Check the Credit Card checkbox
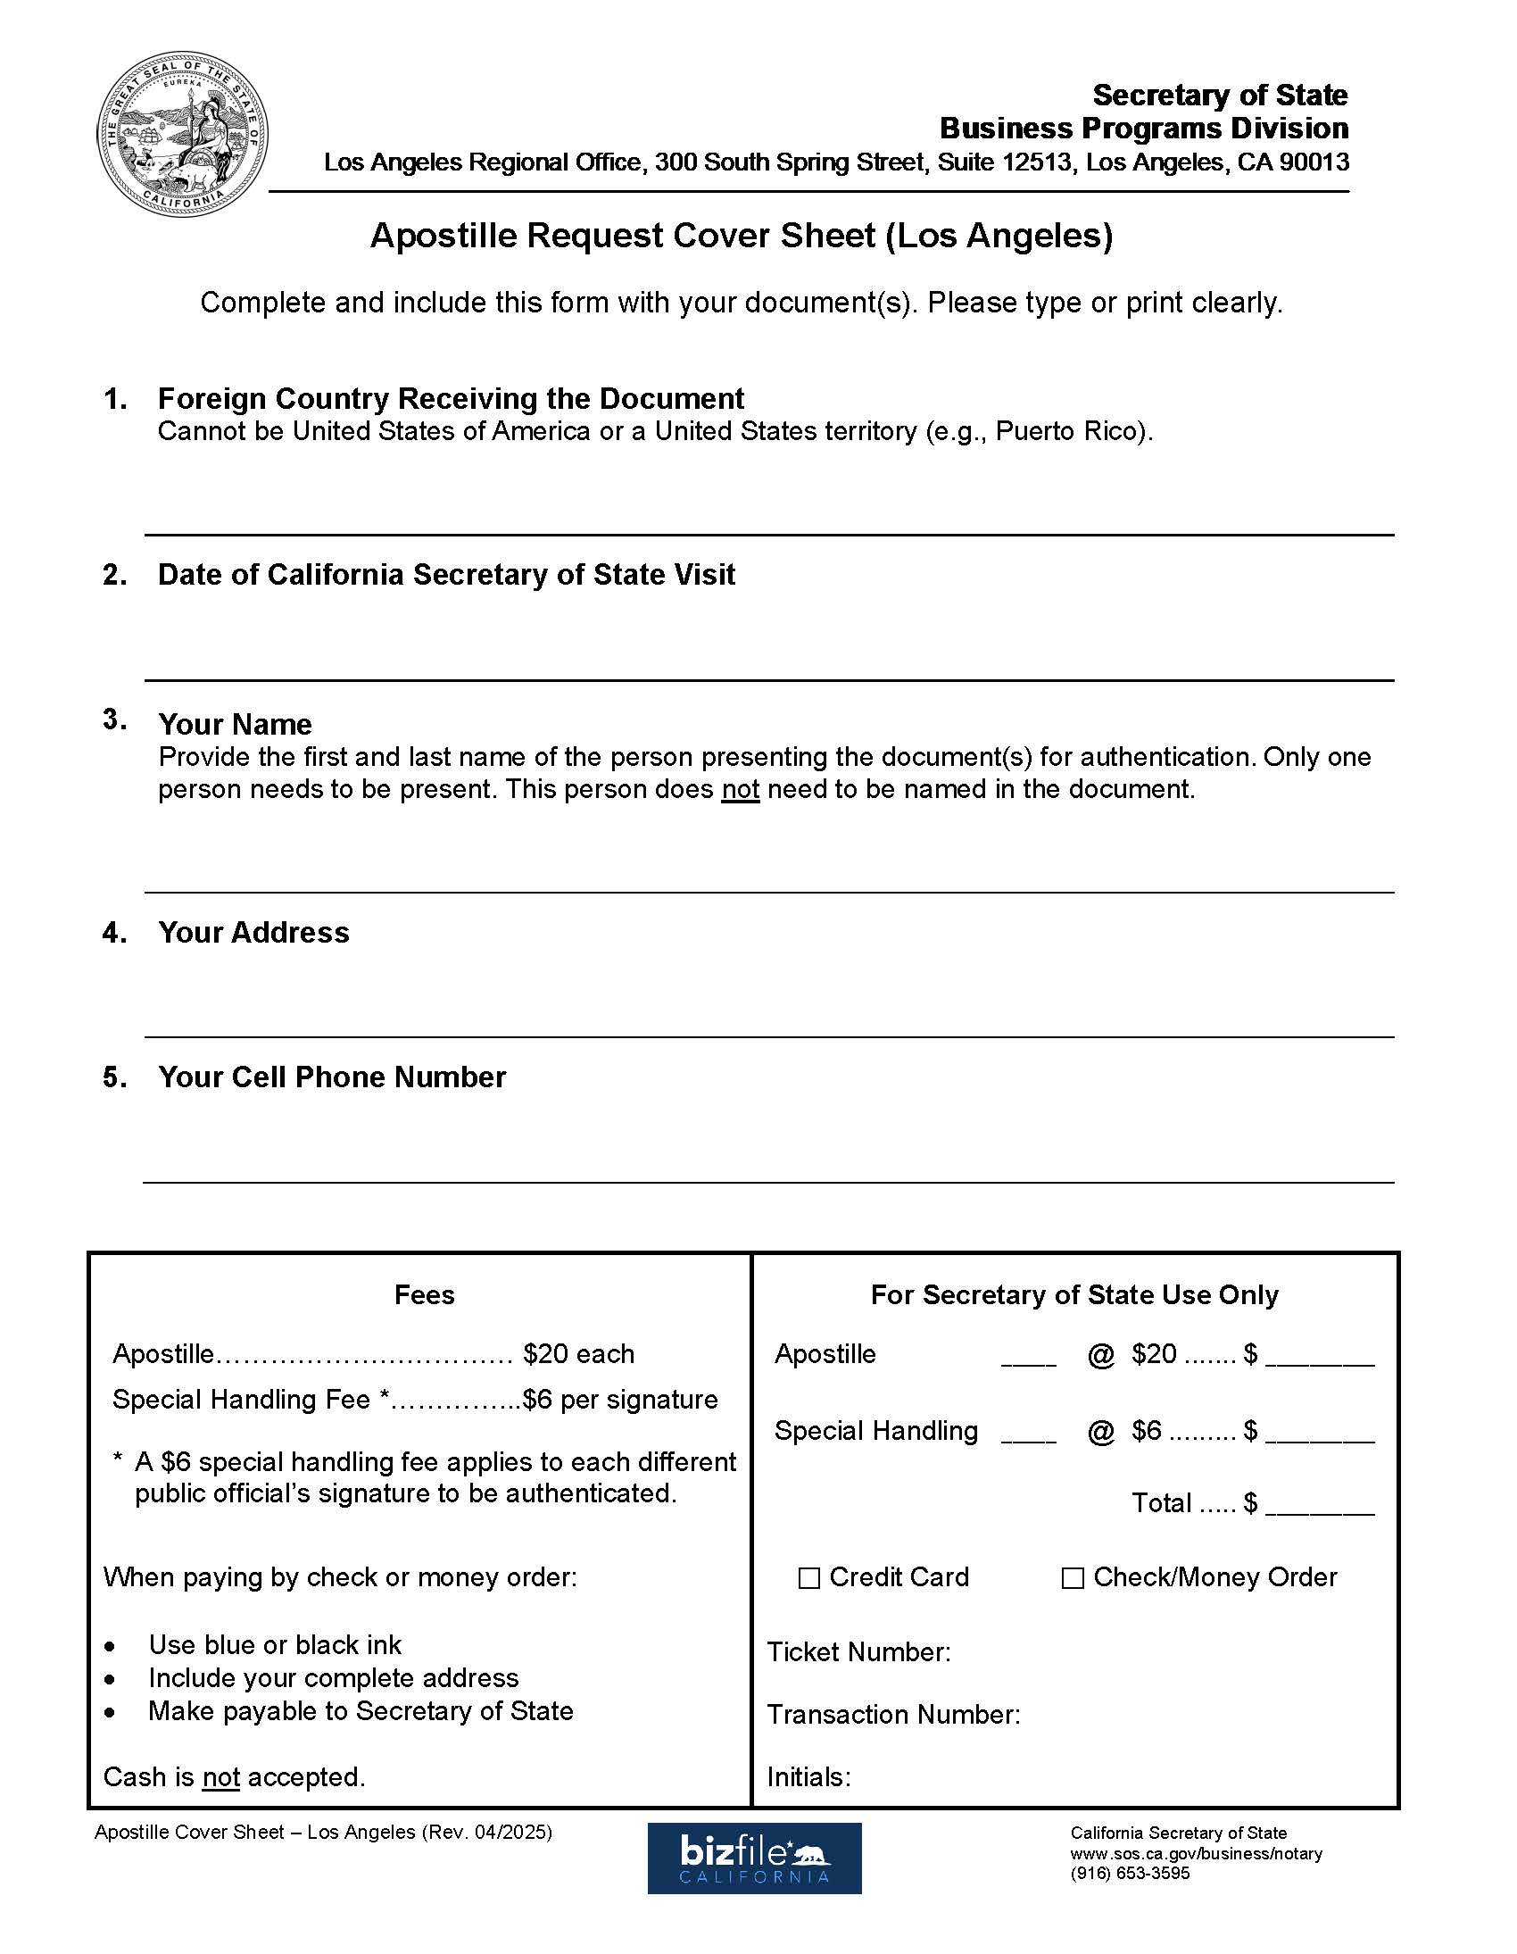[x=808, y=1577]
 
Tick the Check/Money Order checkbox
[x=1072, y=1577]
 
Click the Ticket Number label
[x=858, y=1651]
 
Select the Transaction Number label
[x=892, y=1714]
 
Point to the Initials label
[x=808, y=1777]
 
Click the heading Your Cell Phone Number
[x=332, y=1077]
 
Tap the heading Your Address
[x=253, y=932]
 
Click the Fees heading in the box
[x=424, y=1294]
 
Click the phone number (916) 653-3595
[x=1130, y=1874]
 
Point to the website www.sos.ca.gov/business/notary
[x=1196, y=1854]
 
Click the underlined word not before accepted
[x=221, y=1777]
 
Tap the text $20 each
[x=578, y=1353]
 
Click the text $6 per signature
[x=620, y=1400]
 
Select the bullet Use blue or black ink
[x=275, y=1644]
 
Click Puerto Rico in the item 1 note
[x=1070, y=431]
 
